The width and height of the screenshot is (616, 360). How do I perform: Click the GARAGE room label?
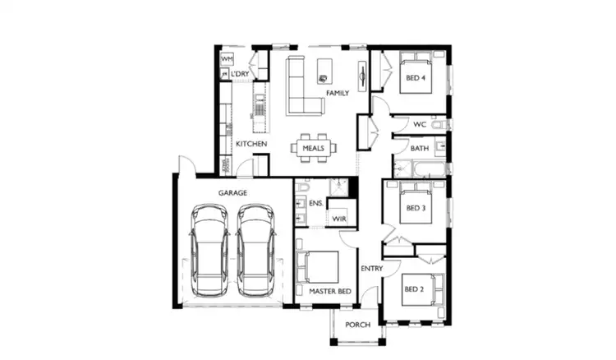point(232,192)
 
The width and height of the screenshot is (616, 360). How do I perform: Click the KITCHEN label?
point(251,145)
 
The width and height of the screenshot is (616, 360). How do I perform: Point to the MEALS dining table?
point(313,149)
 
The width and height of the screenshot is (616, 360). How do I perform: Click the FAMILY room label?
point(338,94)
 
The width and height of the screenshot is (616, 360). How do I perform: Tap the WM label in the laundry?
point(227,60)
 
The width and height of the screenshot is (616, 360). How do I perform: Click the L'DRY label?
point(240,75)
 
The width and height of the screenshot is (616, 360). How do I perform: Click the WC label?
point(419,125)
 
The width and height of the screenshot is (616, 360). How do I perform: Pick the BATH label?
point(419,149)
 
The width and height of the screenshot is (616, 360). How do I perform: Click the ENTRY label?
point(372,270)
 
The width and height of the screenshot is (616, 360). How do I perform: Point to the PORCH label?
point(357,325)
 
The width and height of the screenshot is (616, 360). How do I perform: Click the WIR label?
point(339,219)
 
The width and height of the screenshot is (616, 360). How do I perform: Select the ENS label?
point(315,202)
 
